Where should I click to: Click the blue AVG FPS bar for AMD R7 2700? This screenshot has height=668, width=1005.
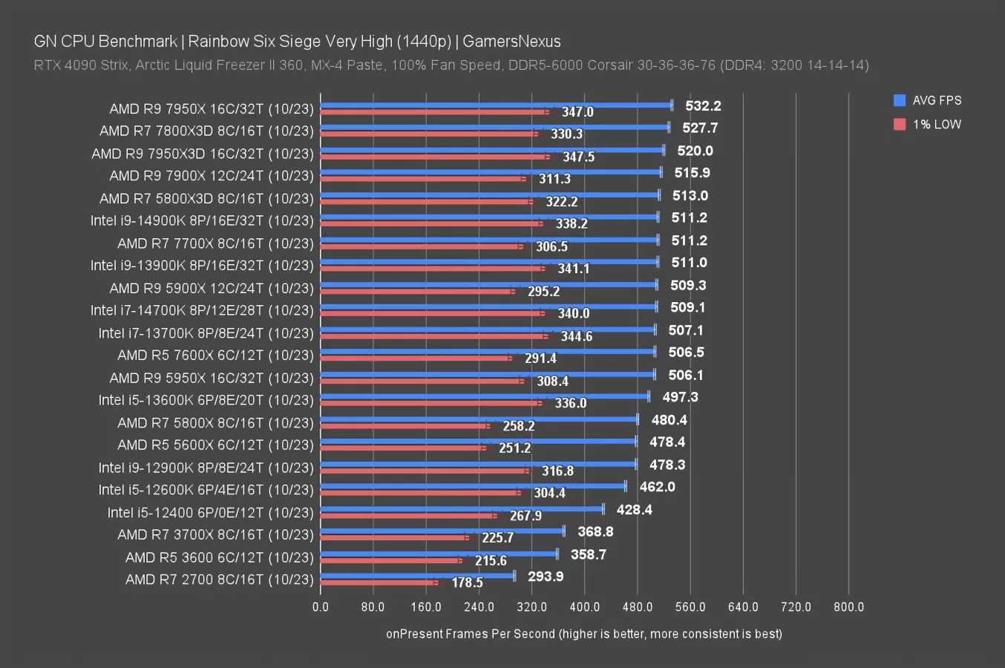417,575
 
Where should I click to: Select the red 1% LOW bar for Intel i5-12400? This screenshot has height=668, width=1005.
408,515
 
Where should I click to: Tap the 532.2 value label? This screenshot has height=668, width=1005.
703,106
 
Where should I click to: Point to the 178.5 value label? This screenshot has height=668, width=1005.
467,583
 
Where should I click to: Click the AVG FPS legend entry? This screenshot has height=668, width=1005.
928,100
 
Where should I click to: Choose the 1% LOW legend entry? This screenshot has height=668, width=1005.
928,124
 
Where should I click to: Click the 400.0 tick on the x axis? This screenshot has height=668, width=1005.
584,607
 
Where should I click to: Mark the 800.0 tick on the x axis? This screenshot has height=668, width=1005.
848,607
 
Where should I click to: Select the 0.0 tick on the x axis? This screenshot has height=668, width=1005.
321,607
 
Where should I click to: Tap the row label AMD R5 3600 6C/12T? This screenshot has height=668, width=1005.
220,557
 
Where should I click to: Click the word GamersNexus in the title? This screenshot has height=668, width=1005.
511,42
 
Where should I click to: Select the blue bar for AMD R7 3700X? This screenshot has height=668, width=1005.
442,530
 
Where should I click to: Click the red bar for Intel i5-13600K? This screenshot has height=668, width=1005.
431,403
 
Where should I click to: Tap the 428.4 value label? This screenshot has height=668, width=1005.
634,510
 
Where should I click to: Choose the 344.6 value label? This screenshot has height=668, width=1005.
576,336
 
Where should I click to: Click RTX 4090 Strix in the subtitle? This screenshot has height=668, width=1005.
82,65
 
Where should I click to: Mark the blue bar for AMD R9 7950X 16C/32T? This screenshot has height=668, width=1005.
496,105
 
